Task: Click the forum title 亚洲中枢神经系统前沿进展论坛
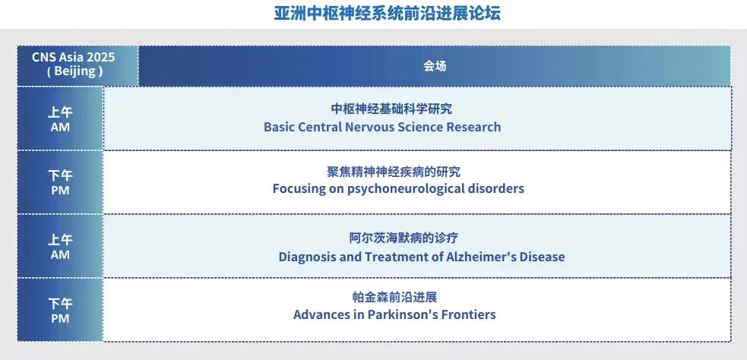(x=387, y=13)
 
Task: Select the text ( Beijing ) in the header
(x=74, y=71)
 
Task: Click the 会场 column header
(x=435, y=66)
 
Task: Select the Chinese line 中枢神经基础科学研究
(x=391, y=109)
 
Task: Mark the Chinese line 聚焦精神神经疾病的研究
(x=394, y=172)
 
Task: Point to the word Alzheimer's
(x=481, y=257)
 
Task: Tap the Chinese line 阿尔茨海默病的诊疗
(x=404, y=238)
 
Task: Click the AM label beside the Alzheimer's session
(x=60, y=254)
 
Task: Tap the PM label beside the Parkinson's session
(x=60, y=318)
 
